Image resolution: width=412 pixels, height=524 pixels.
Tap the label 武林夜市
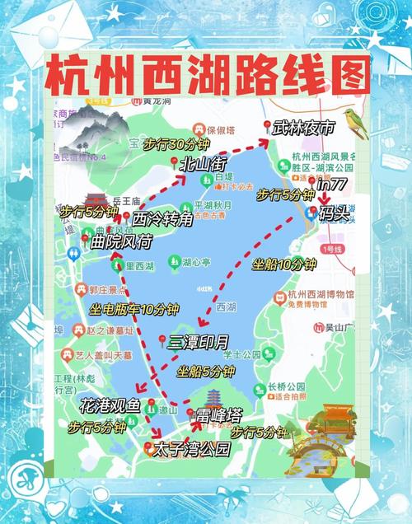[x=304, y=128]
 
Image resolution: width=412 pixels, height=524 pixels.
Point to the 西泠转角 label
[x=162, y=219]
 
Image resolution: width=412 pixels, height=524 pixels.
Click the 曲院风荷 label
[x=121, y=241]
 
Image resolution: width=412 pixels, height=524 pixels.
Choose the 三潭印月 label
[x=198, y=341]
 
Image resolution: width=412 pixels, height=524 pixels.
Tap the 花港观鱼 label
[x=110, y=405]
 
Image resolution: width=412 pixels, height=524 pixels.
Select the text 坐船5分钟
[x=205, y=371]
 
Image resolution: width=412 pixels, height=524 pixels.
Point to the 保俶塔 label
[x=220, y=129]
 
